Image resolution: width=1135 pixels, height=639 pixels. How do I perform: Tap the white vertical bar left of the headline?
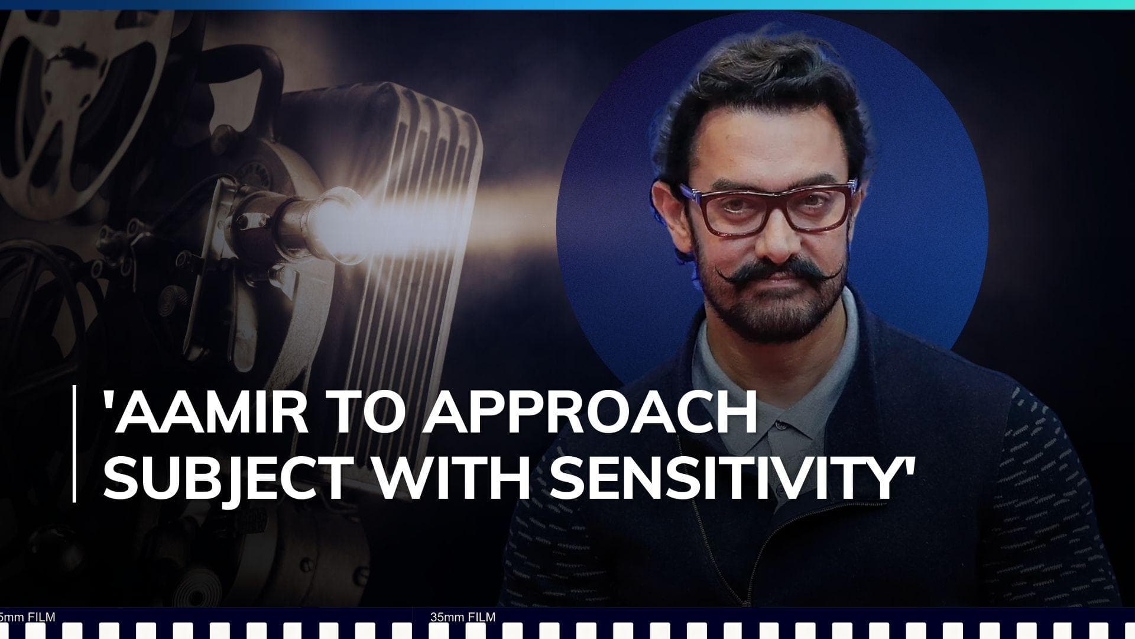click(74, 444)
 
